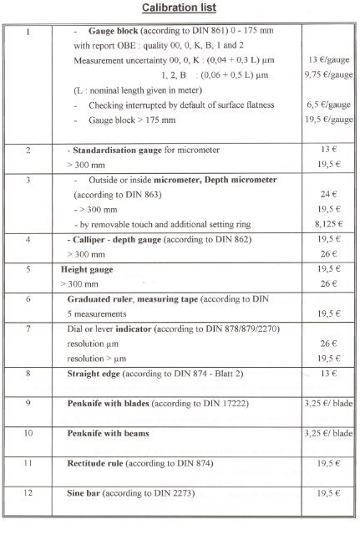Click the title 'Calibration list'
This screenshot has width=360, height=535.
point(180,8)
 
